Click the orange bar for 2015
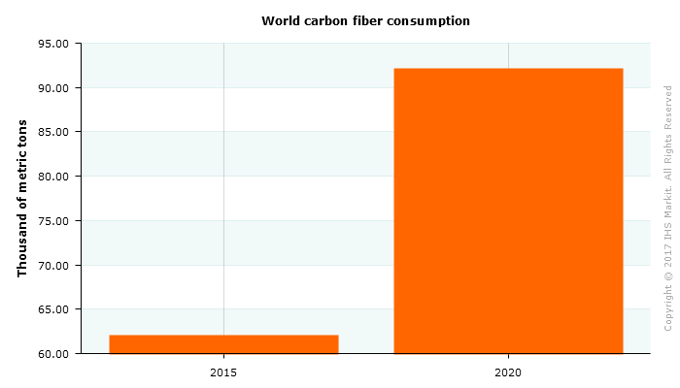223,343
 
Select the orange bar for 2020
508,210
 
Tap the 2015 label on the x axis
223,372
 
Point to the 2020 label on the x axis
508,372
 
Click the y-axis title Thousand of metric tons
22,198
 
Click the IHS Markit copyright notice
668,208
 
